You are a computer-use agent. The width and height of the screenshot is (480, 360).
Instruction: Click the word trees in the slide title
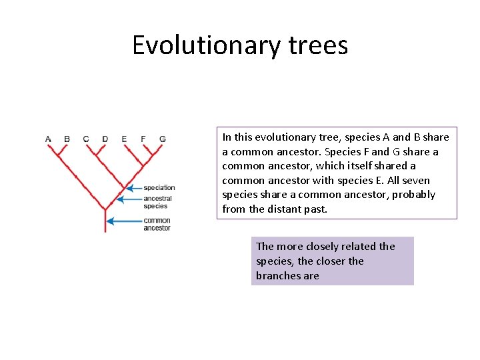click(319, 45)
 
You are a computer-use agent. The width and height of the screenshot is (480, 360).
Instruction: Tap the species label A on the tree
click(48, 139)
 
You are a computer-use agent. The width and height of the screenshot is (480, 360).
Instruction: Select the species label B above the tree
click(67, 139)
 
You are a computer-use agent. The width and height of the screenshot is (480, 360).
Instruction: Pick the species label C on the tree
click(86, 139)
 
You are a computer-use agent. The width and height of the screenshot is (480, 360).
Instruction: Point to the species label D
click(105, 139)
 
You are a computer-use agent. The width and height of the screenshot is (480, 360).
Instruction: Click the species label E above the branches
click(124, 139)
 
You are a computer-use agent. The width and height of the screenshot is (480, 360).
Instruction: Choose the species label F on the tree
click(143, 139)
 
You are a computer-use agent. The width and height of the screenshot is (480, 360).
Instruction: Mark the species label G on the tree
click(163, 139)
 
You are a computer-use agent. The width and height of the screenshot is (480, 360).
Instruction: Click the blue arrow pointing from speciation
click(134, 188)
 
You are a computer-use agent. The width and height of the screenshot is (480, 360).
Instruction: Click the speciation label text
click(159, 188)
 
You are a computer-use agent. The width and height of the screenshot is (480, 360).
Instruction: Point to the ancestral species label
click(157, 202)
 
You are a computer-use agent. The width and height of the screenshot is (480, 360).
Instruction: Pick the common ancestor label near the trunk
click(157, 224)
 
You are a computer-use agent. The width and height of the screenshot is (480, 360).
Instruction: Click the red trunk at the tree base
click(105, 223)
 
